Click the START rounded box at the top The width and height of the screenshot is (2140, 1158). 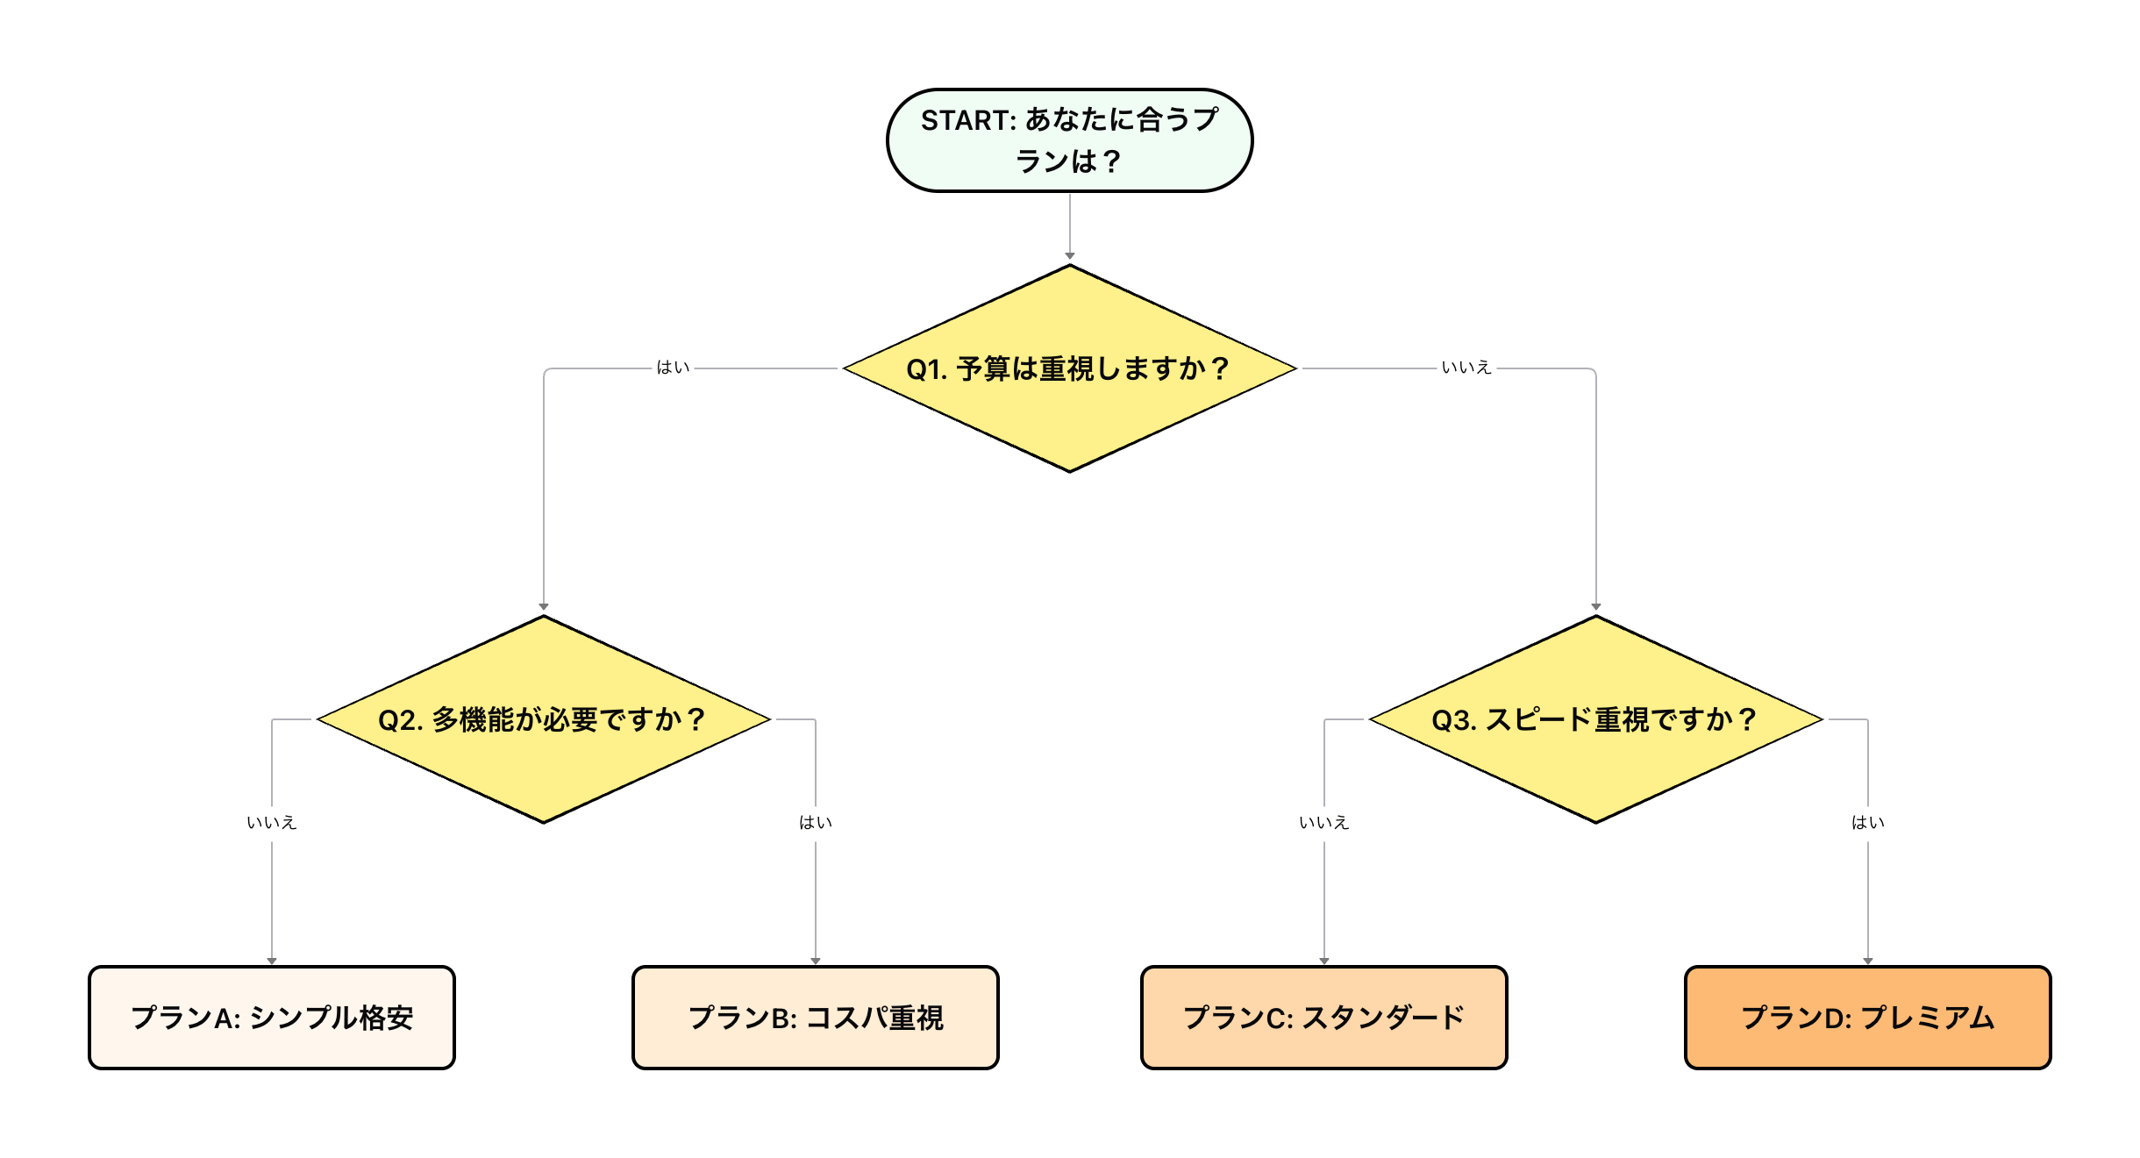point(1069,140)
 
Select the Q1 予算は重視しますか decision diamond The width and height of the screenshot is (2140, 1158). point(1069,412)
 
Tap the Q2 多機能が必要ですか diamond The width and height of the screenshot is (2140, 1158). point(543,763)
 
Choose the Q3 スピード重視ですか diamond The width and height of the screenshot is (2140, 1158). point(1595,763)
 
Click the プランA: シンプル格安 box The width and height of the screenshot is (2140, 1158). point(272,1018)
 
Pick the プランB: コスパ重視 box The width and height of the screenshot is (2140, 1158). point(816,1018)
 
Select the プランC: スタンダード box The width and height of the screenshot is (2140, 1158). point(1323,1018)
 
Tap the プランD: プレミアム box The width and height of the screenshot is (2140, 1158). point(1867,1018)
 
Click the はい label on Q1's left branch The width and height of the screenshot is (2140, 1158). point(673,368)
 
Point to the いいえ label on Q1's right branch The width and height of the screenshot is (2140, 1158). point(1466,368)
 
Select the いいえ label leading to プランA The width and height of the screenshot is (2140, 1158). point(272,824)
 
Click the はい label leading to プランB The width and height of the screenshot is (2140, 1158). point(816,824)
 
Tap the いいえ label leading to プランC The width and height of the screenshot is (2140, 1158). point(1324,824)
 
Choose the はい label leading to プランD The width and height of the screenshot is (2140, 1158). point(1868,824)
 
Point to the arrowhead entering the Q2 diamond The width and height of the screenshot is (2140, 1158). point(544,607)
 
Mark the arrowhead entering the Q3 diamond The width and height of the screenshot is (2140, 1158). point(1596,607)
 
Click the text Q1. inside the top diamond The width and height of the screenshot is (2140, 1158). point(926,369)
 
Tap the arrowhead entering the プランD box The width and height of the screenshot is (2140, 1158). point(1868,960)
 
